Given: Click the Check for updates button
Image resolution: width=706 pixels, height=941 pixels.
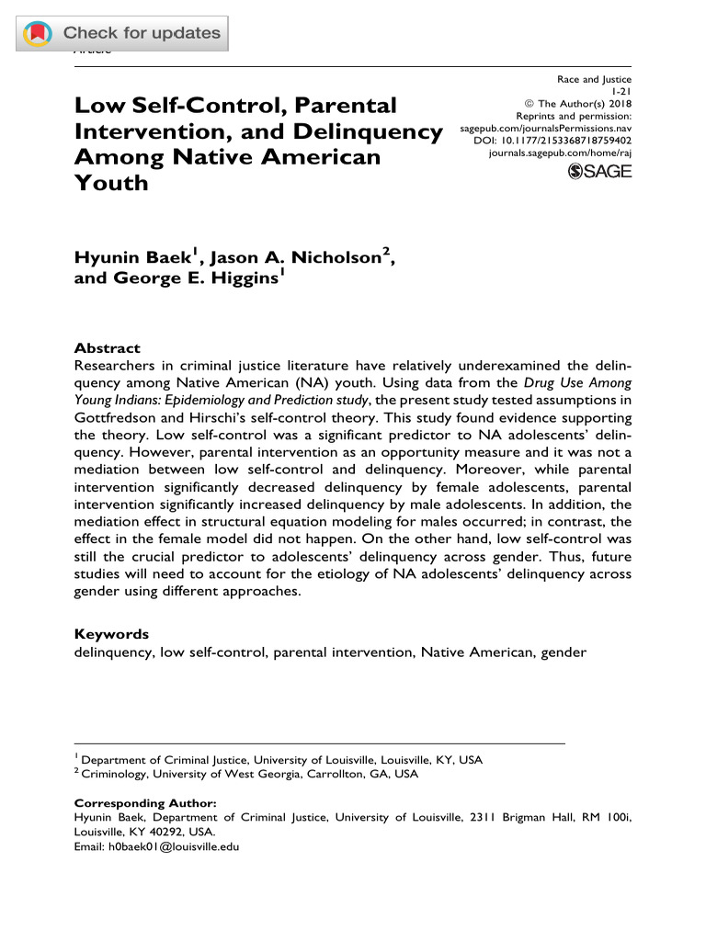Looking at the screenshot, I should (x=122, y=34).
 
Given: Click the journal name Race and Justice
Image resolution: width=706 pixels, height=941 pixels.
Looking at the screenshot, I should (x=595, y=80).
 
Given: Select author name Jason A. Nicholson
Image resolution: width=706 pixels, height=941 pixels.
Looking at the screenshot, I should (x=299, y=258).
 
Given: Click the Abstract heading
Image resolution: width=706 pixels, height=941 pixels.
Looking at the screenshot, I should (x=107, y=348).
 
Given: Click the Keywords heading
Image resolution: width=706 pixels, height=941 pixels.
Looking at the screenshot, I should (x=110, y=634).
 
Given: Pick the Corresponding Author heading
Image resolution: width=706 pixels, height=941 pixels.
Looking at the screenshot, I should (x=144, y=802).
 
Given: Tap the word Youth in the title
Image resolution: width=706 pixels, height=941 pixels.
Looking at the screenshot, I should (x=110, y=182).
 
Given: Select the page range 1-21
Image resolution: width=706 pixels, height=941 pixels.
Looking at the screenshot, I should (x=621, y=92).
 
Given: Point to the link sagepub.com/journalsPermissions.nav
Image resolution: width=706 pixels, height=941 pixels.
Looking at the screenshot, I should (x=546, y=129).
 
